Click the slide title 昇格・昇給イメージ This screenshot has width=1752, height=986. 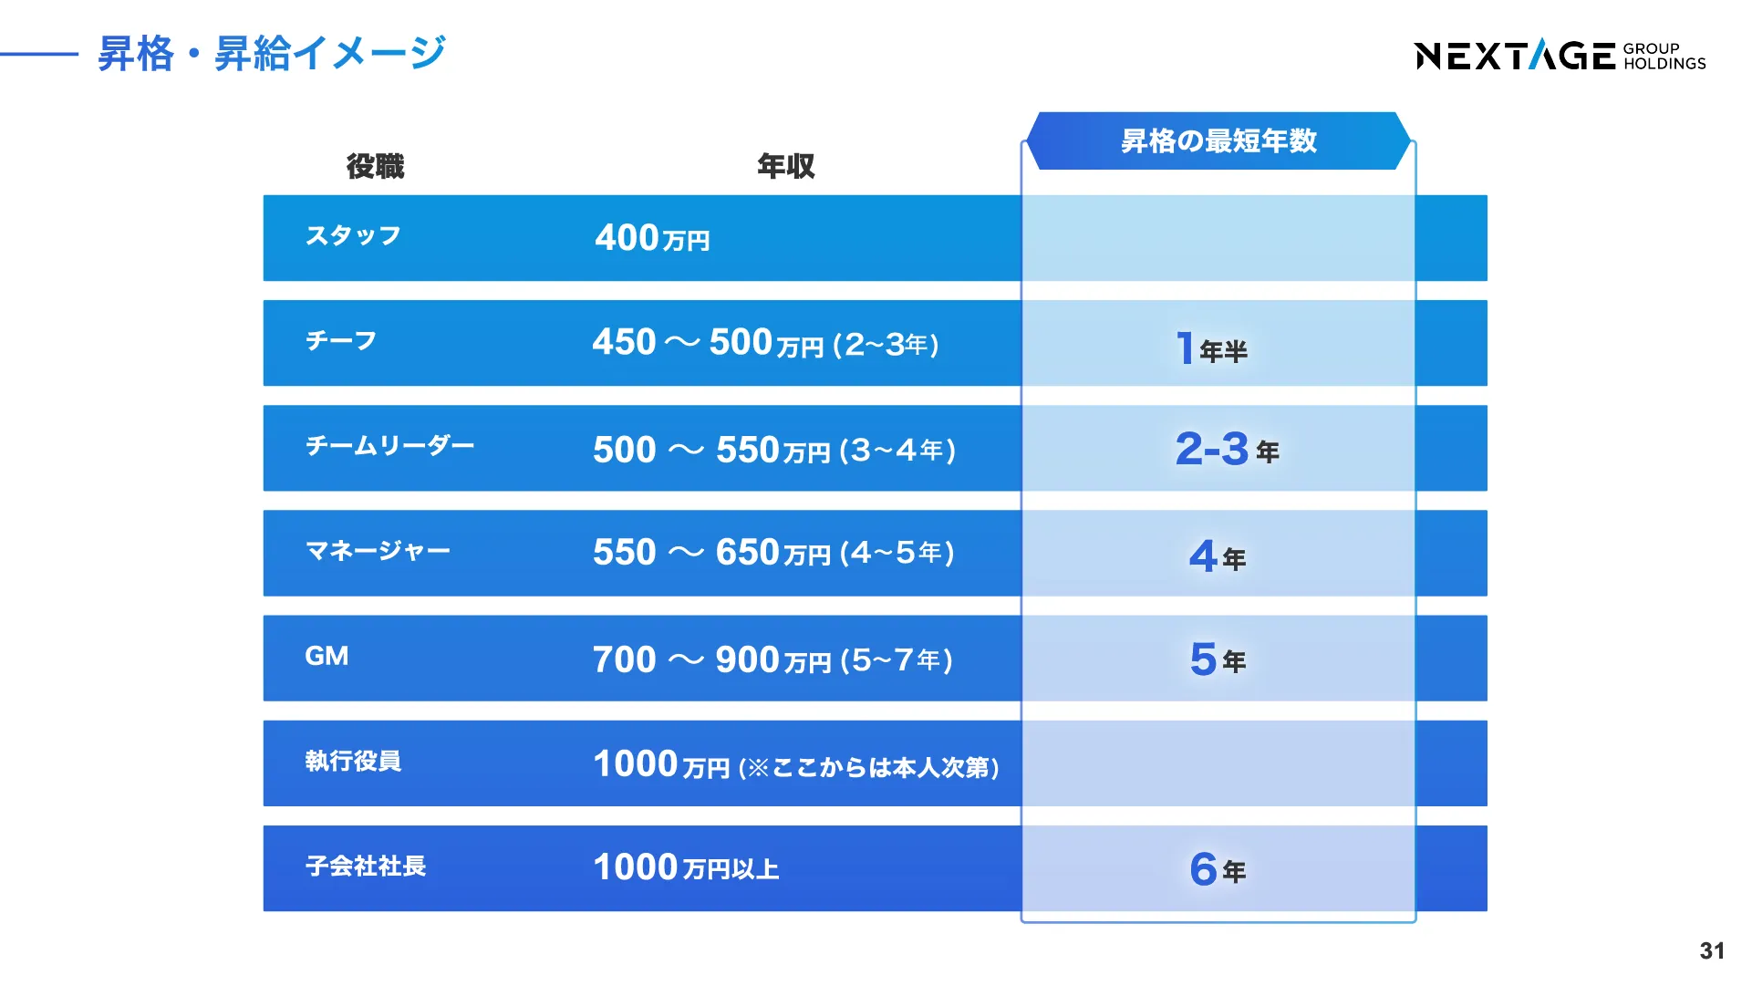[272, 53]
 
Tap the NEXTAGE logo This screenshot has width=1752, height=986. [1560, 56]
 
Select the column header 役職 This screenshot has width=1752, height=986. [375, 166]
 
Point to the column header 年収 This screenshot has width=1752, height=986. [785, 166]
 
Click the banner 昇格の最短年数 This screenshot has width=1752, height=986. [1218, 140]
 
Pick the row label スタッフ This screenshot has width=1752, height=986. [353, 235]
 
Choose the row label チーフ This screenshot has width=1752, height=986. [341, 340]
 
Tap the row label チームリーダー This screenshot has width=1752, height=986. [389, 445]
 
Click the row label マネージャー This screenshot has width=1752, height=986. [378, 551]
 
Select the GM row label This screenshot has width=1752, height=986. [327, 656]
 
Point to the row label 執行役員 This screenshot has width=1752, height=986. [353, 761]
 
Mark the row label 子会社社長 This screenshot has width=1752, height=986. [366, 866]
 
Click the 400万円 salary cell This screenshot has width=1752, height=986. [652, 238]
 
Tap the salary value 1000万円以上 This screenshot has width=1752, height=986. [686, 867]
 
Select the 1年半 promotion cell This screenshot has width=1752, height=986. [1211, 348]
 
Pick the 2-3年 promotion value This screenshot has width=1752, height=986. [1227, 449]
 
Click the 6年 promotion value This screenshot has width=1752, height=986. [1218, 869]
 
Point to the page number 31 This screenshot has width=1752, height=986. [1712, 951]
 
